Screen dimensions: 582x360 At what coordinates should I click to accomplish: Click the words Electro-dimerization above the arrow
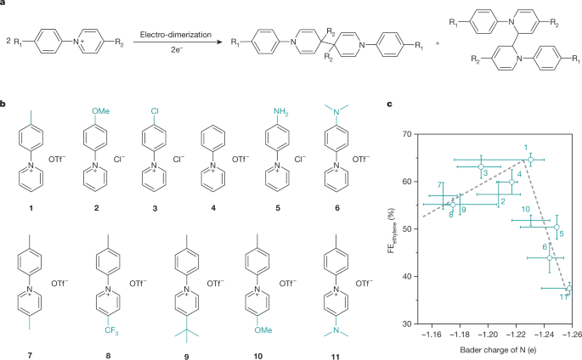[176, 35]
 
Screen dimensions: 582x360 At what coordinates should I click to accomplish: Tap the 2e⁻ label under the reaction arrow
[177, 49]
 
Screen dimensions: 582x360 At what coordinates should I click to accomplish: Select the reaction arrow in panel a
[178, 42]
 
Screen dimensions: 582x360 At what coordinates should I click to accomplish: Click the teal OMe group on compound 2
[101, 111]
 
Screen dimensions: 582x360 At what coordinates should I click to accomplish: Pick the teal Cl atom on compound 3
[155, 111]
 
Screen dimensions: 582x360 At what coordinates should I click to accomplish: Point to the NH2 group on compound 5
[281, 111]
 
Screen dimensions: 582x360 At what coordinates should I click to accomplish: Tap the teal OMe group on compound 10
[263, 329]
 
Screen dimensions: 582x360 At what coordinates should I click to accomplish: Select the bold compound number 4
[213, 208]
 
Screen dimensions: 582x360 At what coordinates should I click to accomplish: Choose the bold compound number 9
[186, 357]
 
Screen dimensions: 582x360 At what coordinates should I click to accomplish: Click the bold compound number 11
[335, 357]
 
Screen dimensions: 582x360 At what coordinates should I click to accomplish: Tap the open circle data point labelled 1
[531, 160]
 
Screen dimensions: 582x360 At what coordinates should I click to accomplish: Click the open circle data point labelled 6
[550, 257]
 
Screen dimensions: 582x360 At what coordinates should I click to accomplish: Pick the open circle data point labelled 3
[481, 166]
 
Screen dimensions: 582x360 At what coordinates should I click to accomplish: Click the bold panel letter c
[390, 104]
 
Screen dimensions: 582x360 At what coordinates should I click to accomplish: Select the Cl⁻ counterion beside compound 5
[300, 160]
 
